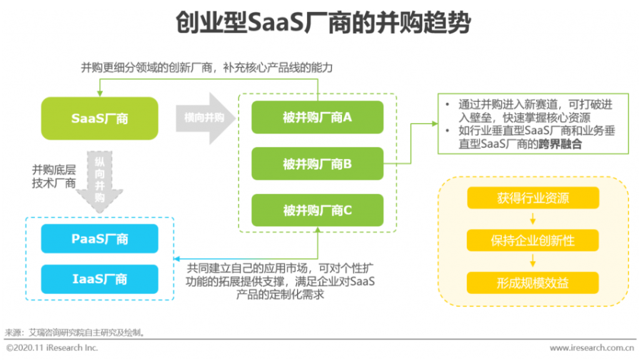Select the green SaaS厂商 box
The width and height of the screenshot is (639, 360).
click(x=100, y=118)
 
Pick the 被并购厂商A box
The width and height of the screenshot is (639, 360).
click(x=317, y=117)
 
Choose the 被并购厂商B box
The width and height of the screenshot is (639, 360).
click(x=317, y=164)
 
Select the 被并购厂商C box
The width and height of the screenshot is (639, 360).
click(x=317, y=210)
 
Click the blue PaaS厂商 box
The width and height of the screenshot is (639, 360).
click(x=100, y=238)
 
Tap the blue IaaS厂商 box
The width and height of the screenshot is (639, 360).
click(x=100, y=278)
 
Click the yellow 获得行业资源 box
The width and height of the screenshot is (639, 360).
click(x=533, y=198)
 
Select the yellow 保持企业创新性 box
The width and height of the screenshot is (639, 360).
click(x=533, y=240)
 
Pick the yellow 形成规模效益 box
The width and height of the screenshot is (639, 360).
click(x=533, y=283)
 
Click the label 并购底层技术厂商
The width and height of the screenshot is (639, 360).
click(x=54, y=176)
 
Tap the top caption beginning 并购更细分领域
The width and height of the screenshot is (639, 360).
click(x=211, y=67)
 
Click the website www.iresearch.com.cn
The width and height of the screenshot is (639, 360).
click(x=592, y=348)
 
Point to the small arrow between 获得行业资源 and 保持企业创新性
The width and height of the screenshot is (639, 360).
click(x=533, y=219)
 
